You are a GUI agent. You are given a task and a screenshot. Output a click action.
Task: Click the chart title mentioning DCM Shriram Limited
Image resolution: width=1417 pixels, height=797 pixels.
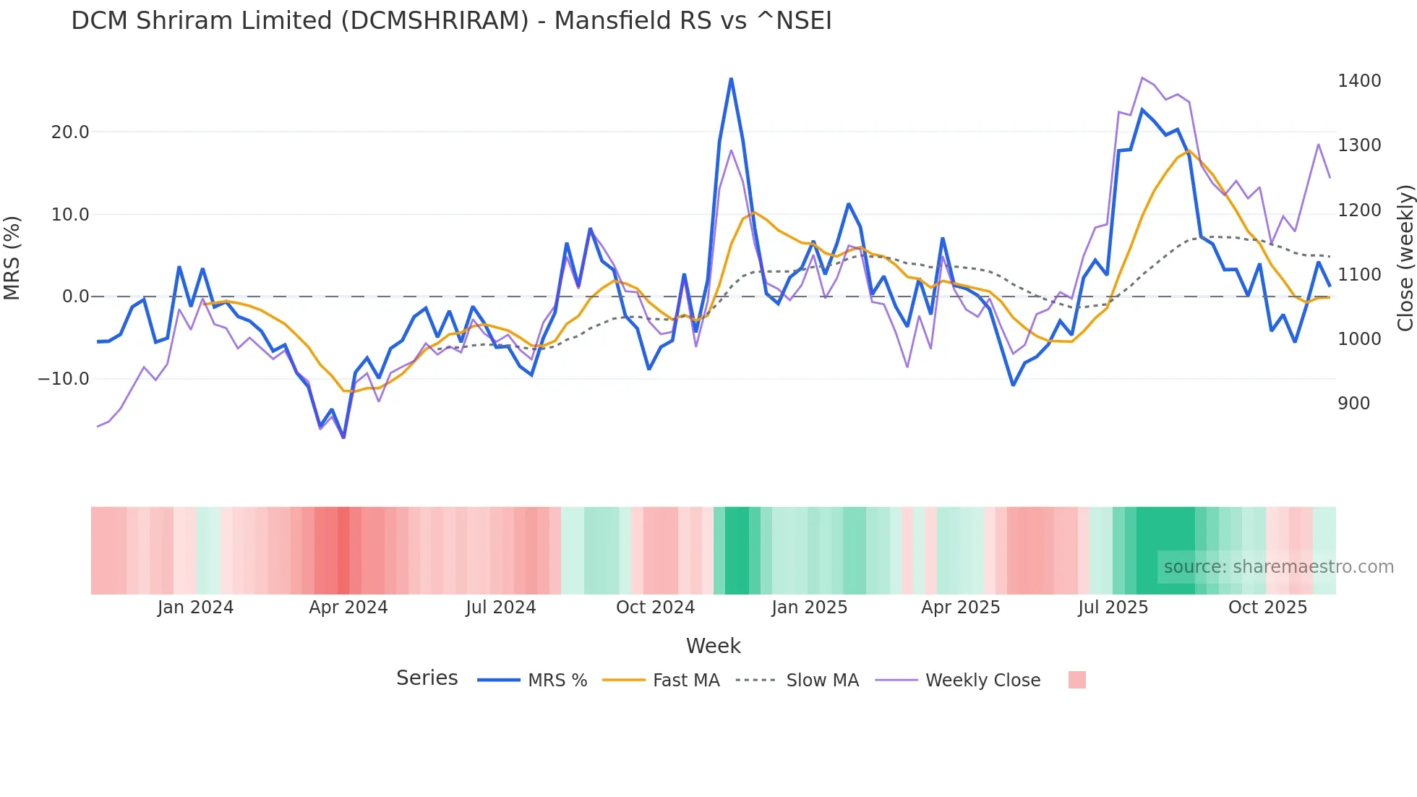[451, 21]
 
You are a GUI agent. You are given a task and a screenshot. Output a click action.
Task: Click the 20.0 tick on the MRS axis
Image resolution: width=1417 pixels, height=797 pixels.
[70, 132]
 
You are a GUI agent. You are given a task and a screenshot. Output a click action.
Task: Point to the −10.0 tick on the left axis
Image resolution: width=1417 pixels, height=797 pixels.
[64, 379]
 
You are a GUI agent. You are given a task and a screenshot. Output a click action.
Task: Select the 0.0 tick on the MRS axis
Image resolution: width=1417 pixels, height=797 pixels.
[75, 297]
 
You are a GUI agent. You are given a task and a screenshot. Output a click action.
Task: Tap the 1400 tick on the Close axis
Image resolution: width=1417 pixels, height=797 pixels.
[1359, 81]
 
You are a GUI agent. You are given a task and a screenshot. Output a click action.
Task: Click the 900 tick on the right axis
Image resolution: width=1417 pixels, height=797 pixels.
[1353, 404]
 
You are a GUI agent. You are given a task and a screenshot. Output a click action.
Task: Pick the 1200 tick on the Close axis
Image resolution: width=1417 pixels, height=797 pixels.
[1359, 210]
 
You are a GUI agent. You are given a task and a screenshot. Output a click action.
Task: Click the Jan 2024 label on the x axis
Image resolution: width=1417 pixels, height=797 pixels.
[195, 608]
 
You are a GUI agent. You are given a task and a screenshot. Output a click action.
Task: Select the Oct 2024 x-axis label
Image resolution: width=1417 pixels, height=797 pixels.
[655, 608]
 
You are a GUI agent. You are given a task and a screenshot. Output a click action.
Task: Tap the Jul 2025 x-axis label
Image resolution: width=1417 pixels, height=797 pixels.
[1113, 608]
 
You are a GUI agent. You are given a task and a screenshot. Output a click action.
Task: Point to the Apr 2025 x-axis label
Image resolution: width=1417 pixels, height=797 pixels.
[960, 608]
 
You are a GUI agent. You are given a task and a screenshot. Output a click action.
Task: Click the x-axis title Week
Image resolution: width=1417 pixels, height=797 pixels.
[713, 646]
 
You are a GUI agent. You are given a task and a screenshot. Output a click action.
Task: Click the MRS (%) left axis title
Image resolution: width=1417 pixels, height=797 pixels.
[12, 257]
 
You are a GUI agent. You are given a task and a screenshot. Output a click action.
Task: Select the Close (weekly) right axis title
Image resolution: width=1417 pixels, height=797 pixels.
[1405, 257]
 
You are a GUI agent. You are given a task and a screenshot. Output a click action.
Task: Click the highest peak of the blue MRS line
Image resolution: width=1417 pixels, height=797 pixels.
[731, 79]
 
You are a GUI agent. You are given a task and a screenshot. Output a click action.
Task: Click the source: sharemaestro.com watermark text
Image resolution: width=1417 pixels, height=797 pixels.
[1278, 567]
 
